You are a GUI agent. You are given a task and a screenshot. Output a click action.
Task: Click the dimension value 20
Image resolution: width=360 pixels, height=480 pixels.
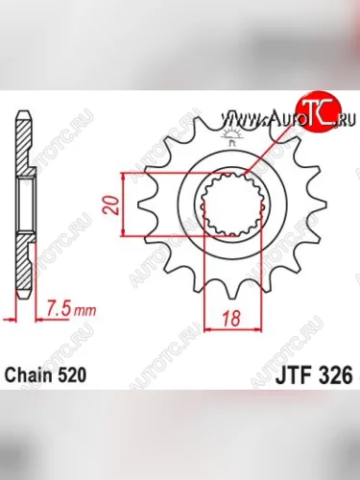[111, 204]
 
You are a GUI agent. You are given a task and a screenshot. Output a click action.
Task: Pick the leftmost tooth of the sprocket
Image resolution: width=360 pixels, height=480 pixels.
[146, 204]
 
